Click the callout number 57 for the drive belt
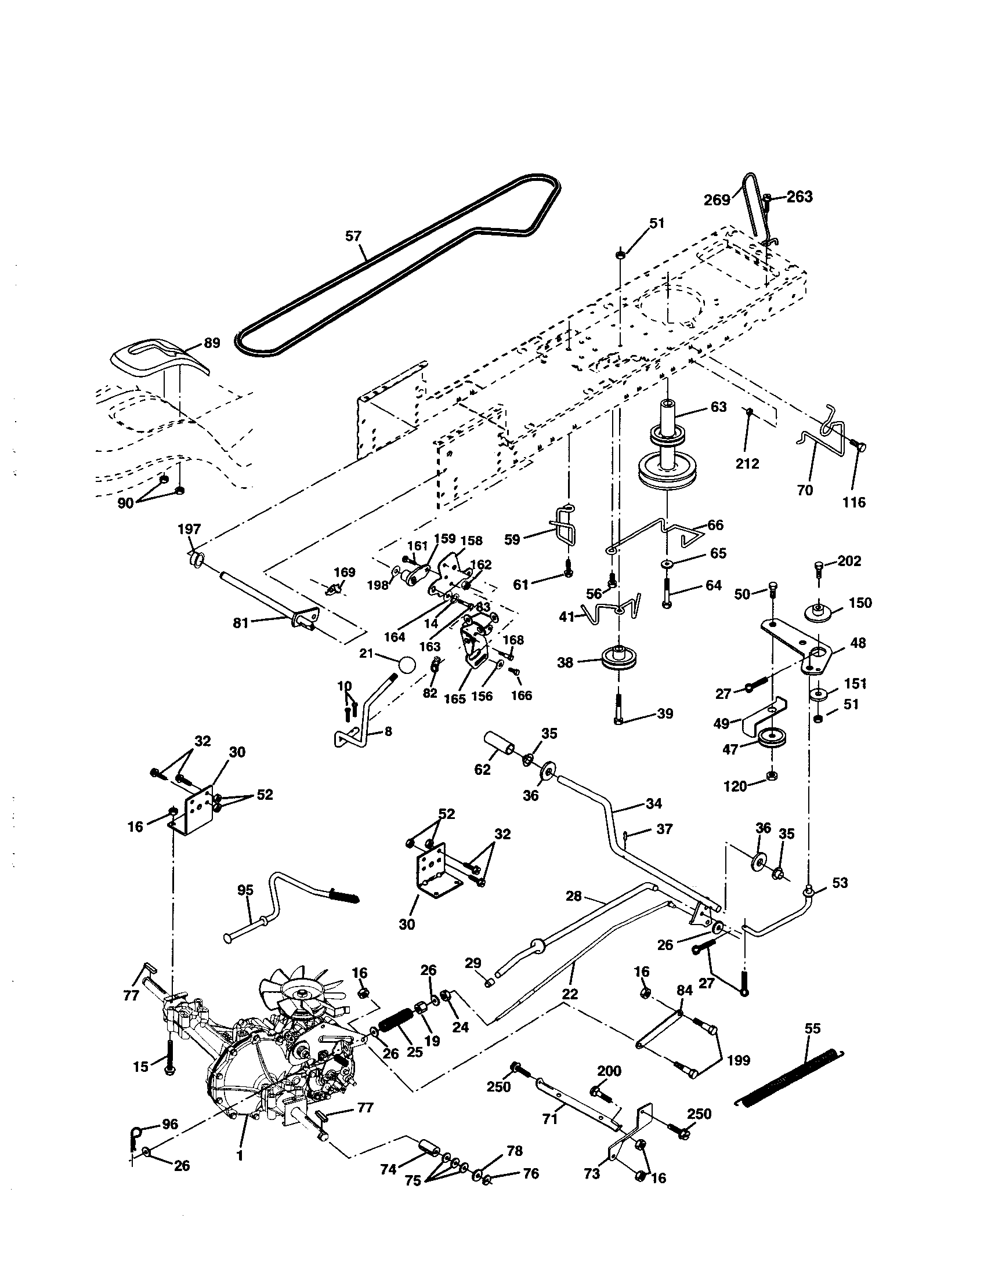(x=353, y=237)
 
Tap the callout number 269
(x=717, y=201)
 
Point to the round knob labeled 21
(x=407, y=665)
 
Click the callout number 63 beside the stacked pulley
(x=718, y=407)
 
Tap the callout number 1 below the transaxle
(x=240, y=1155)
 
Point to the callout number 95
(x=245, y=890)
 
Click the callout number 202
(x=849, y=561)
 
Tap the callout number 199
(x=738, y=1060)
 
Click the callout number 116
(x=854, y=502)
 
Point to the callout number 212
(x=747, y=463)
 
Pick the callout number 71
(x=550, y=1119)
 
